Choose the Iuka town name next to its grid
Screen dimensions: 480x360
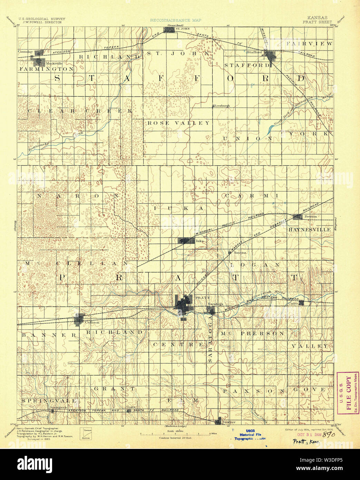pos(200,241)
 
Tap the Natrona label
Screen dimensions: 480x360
pos(240,253)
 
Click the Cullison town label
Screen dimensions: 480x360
pos(92,322)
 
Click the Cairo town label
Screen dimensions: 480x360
pos(293,303)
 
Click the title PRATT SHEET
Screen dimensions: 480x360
pos(317,22)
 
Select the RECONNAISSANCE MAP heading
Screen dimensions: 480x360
pos(175,20)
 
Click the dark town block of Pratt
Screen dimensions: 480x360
pos(183,304)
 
